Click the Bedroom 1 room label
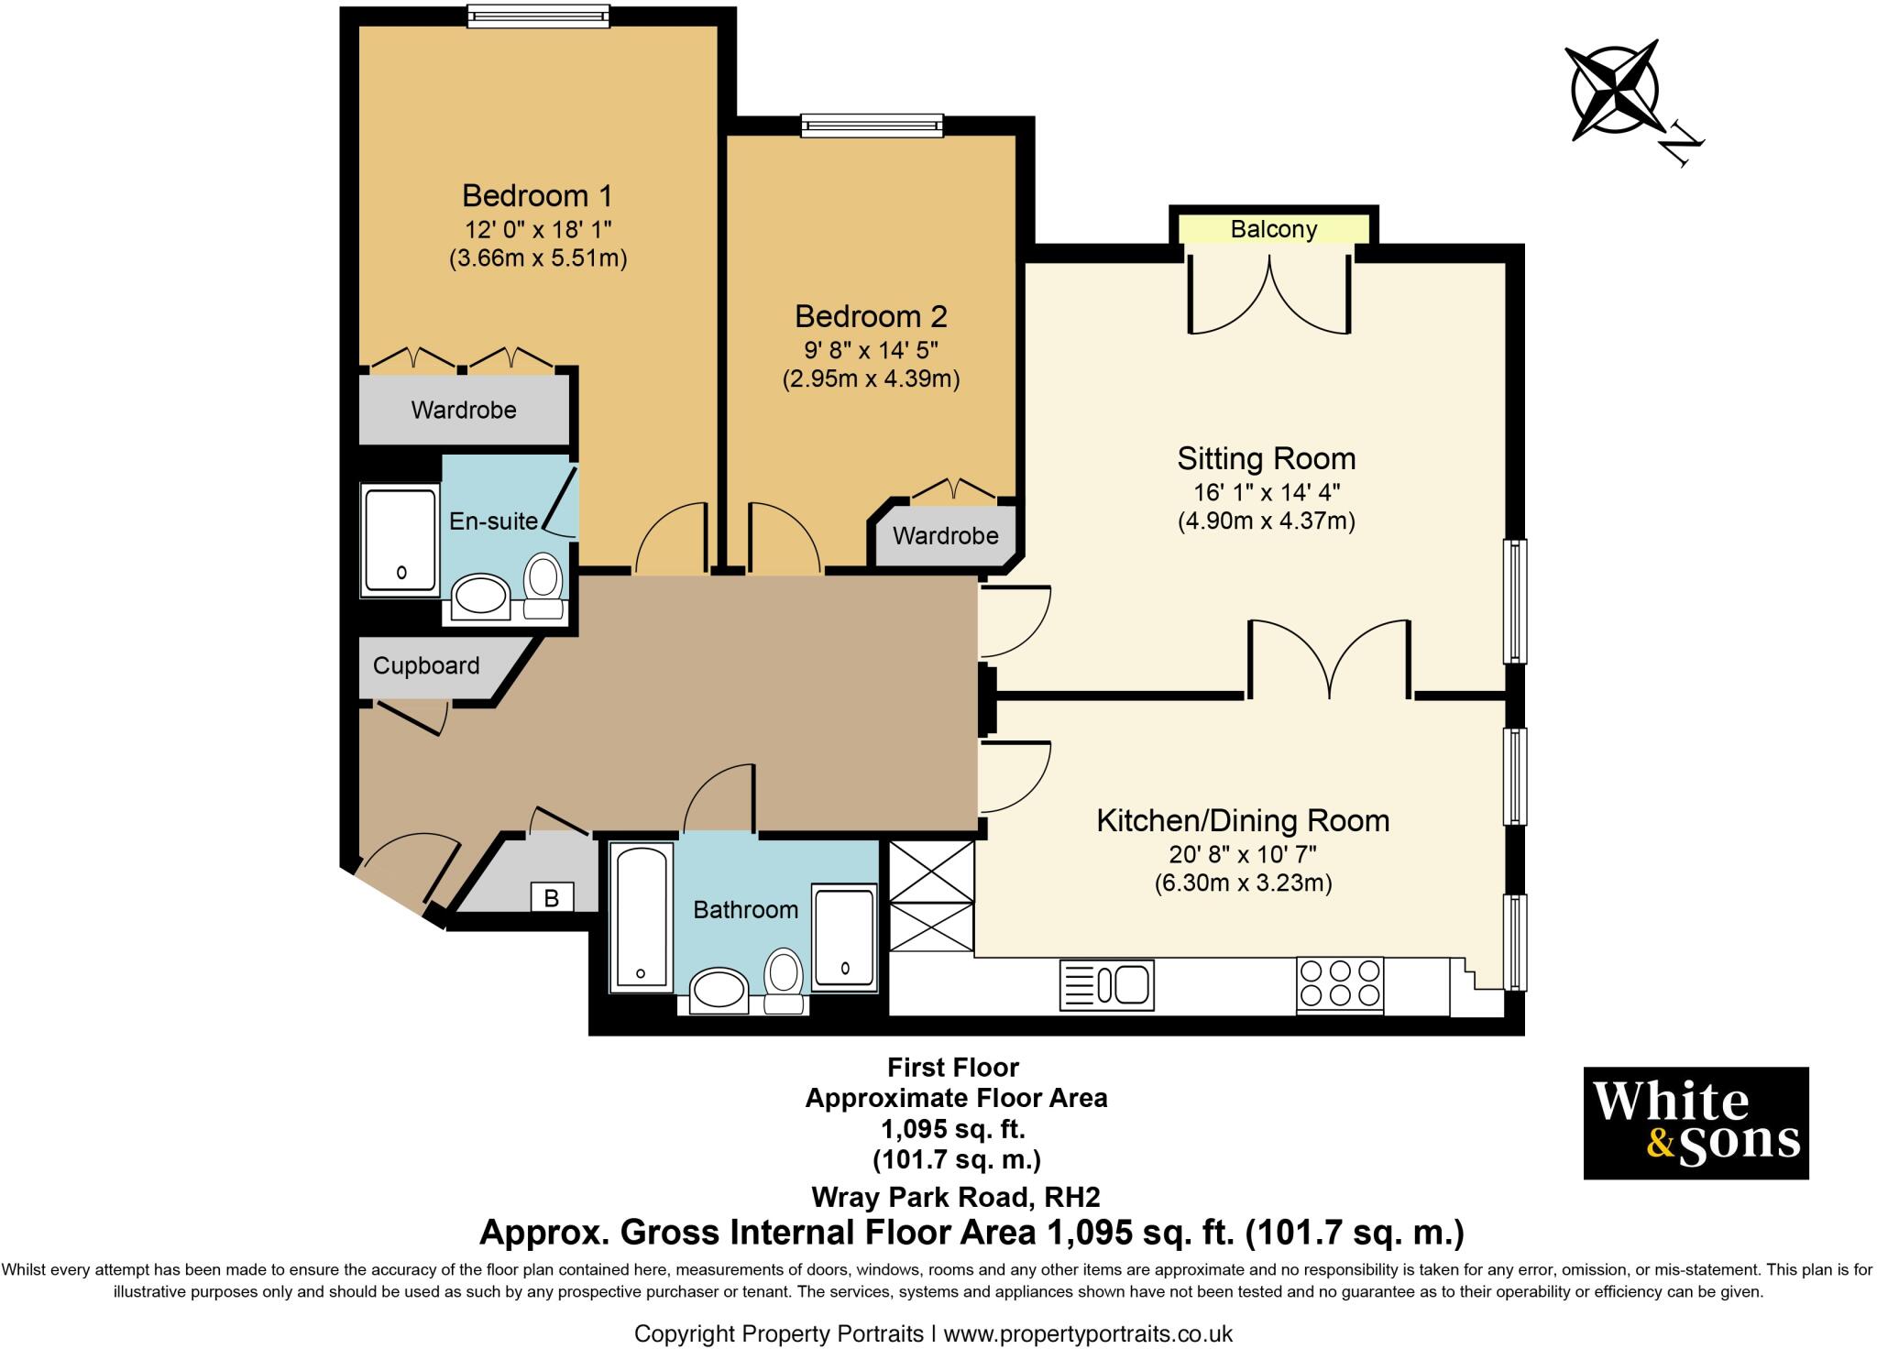pyautogui.click(x=537, y=195)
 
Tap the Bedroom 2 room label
pyautogui.click(x=871, y=316)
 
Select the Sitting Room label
pyautogui.click(x=1266, y=458)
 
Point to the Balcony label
pyautogui.click(x=1274, y=229)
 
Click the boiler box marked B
pyautogui.click(x=552, y=898)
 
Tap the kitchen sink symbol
pyautogui.click(x=1106, y=985)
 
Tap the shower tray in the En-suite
pyautogui.click(x=401, y=541)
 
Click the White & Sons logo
pyautogui.click(x=1696, y=1123)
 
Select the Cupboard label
pyautogui.click(x=426, y=665)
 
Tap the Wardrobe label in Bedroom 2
pyautogui.click(x=946, y=535)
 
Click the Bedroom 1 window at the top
pyautogui.click(x=538, y=16)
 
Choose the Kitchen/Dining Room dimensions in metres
pyautogui.click(x=1243, y=883)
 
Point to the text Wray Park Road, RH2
pyautogui.click(x=956, y=1197)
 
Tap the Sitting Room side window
pyautogui.click(x=1516, y=600)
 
